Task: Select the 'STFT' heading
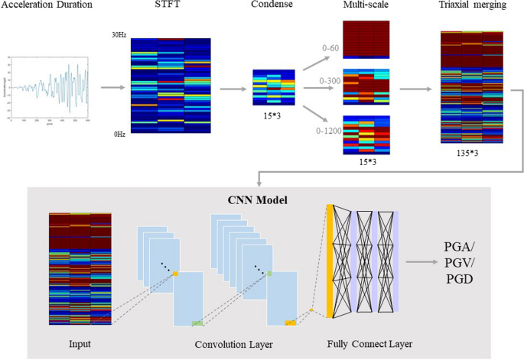(169, 6)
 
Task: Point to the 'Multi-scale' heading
(366, 6)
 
